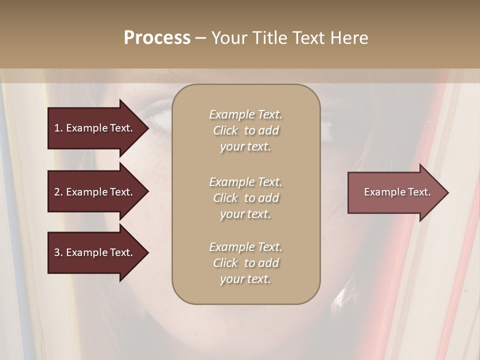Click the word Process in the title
(157, 38)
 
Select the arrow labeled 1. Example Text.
(95, 128)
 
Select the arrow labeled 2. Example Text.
(95, 192)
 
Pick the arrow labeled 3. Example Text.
(95, 252)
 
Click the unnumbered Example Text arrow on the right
(395, 192)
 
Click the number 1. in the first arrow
(58, 128)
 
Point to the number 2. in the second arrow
(58, 192)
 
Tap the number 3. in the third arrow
(58, 252)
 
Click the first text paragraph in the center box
(245, 130)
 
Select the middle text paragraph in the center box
(245, 198)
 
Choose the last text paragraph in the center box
(245, 263)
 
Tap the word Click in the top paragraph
(225, 130)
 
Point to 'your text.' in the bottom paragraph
(245, 279)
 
